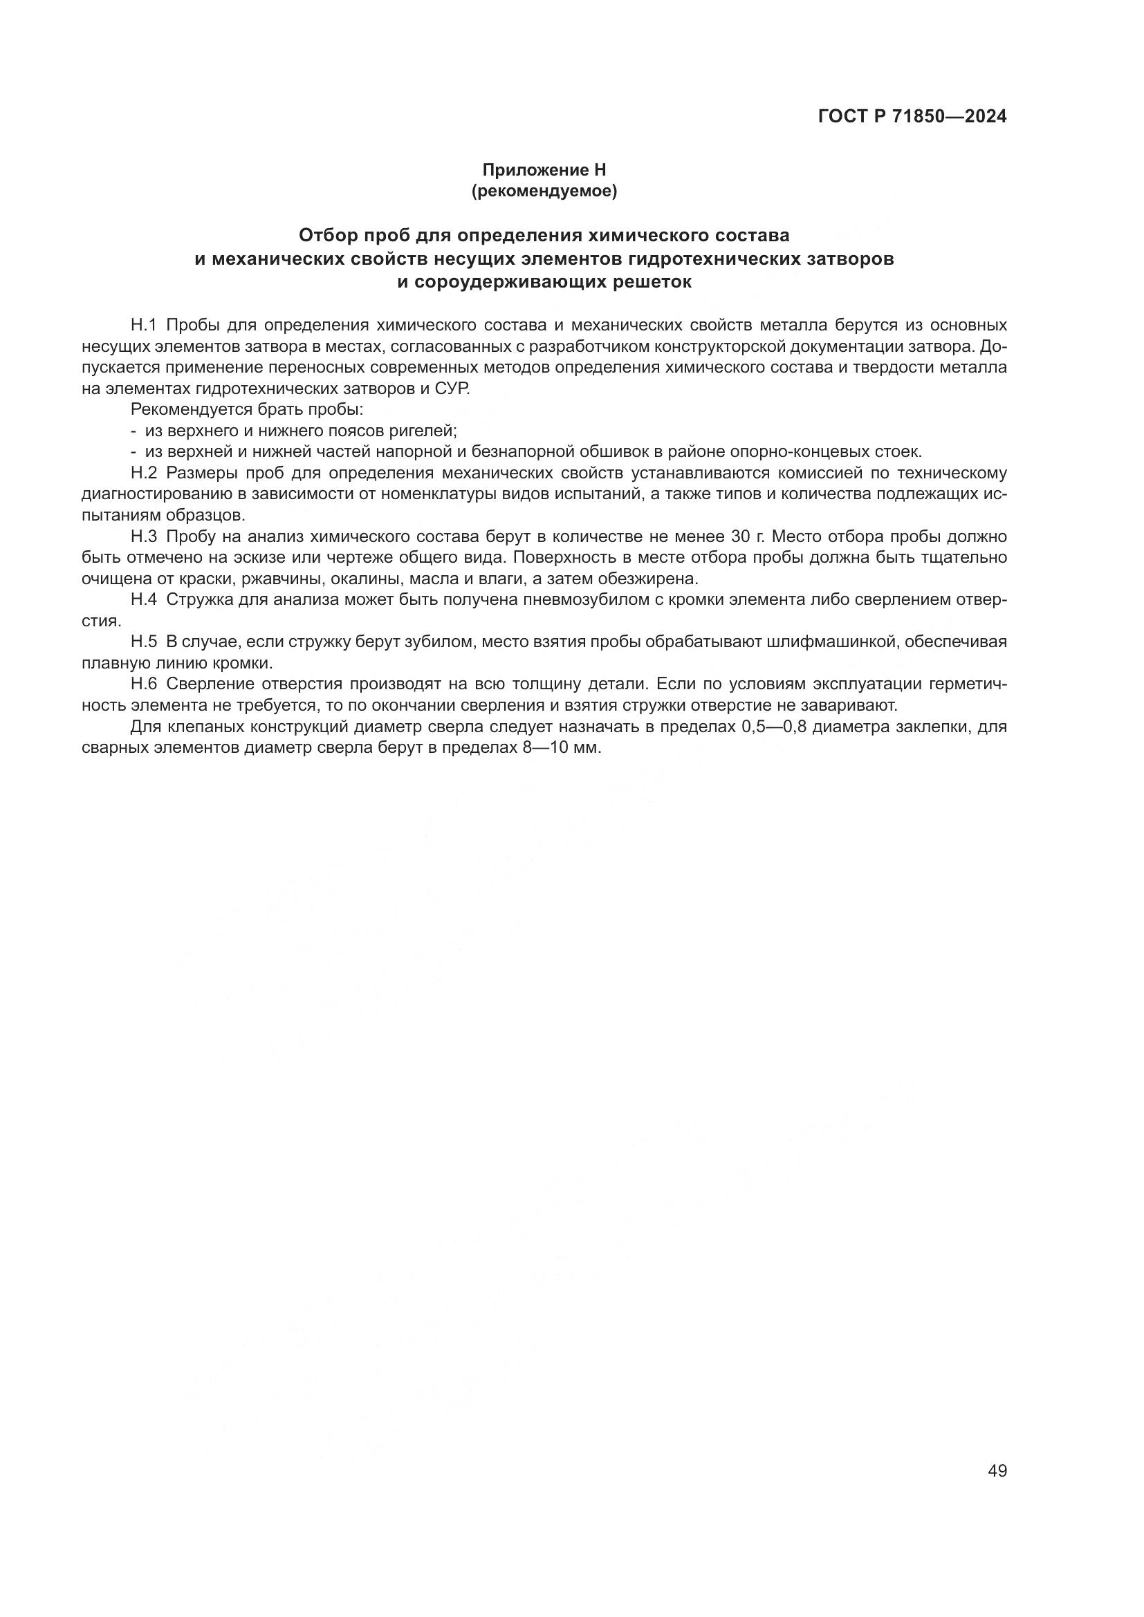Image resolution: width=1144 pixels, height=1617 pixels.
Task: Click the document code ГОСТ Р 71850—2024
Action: (912, 117)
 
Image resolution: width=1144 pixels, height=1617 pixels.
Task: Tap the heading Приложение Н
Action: (544, 170)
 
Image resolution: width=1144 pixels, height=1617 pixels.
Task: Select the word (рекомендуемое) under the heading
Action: (544, 191)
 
